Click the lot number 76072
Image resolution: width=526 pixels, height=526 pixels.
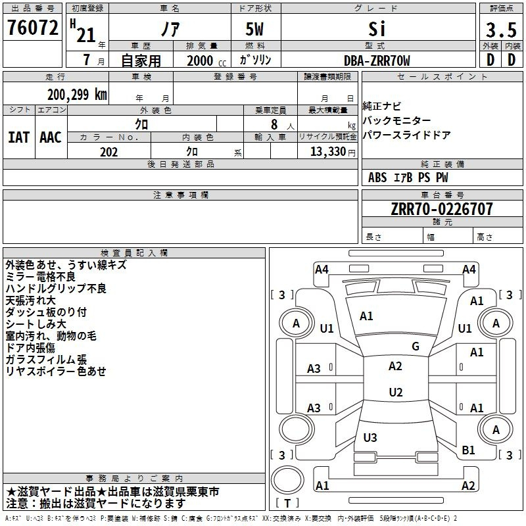coord(32,28)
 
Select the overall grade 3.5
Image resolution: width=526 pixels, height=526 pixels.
coord(501,30)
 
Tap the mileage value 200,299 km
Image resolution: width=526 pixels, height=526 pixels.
coord(77,95)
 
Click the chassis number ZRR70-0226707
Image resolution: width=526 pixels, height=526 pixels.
coord(442,208)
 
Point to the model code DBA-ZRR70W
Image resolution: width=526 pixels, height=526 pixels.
coord(377,60)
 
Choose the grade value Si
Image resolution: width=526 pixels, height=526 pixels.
coord(377,29)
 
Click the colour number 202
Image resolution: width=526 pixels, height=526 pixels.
coord(108,152)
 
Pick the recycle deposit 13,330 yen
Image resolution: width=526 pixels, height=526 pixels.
coord(333,152)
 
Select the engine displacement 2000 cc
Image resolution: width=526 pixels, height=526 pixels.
coord(206,60)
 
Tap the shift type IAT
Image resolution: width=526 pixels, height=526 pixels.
coord(18,137)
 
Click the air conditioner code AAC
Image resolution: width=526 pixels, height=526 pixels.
coord(51,137)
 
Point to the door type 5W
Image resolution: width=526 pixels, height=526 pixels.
coord(254,29)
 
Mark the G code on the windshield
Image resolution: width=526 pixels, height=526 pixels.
coord(416,347)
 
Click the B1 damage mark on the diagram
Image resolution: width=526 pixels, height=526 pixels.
coord(468,450)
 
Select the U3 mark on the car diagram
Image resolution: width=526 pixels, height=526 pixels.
coord(370,437)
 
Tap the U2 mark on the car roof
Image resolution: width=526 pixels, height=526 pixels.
coord(396,392)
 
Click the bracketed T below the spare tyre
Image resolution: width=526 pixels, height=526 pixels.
coord(287,503)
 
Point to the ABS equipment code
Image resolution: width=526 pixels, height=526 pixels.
coord(377,178)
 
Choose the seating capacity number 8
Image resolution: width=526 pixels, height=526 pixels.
coord(274,124)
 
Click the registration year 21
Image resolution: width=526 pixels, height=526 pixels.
coord(86,35)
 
